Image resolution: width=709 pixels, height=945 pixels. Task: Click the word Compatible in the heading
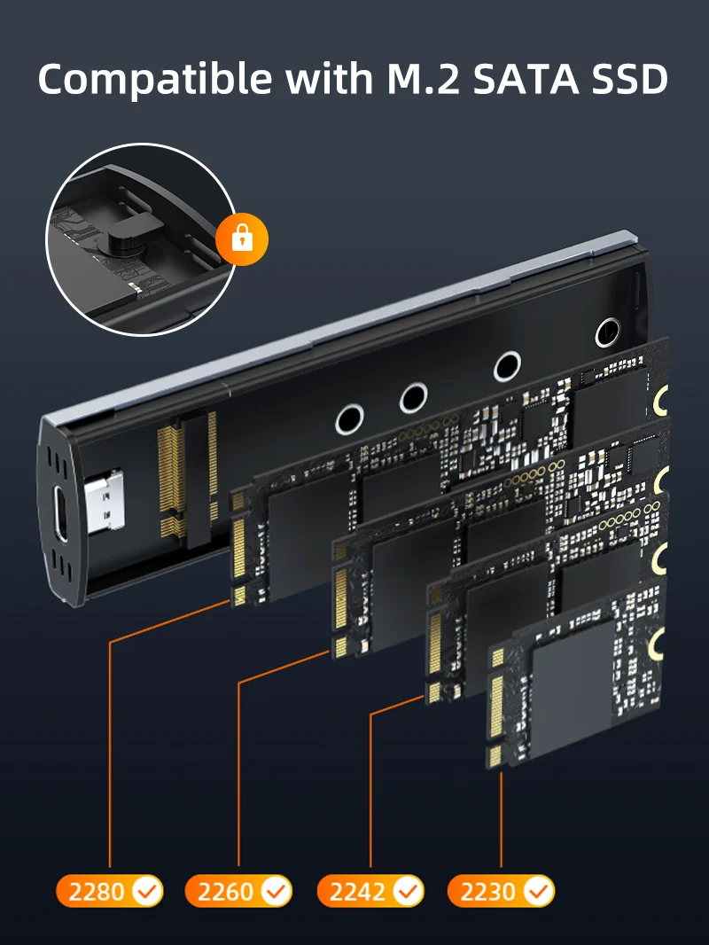(x=154, y=79)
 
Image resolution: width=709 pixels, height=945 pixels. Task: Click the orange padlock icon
(x=242, y=239)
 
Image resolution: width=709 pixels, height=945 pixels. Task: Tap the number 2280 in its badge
(x=97, y=891)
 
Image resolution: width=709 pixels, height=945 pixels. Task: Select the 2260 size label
(x=225, y=891)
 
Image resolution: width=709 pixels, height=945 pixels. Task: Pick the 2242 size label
(x=357, y=891)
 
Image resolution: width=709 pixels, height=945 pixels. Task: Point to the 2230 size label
(x=488, y=891)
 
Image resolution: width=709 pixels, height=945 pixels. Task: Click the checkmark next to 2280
(x=146, y=891)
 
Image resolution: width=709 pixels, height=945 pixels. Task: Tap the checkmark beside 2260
(x=276, y=891)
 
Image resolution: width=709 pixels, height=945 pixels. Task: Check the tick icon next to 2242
(x=408, y=891)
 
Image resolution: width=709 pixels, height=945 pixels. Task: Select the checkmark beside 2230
(x=539, y=891)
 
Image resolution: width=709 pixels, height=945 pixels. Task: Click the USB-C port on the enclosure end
(x=59, y=512)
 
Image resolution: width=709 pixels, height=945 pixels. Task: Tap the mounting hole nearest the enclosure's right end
(x=608, y=332)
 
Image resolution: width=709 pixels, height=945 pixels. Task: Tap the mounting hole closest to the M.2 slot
(x=349, y=419)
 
